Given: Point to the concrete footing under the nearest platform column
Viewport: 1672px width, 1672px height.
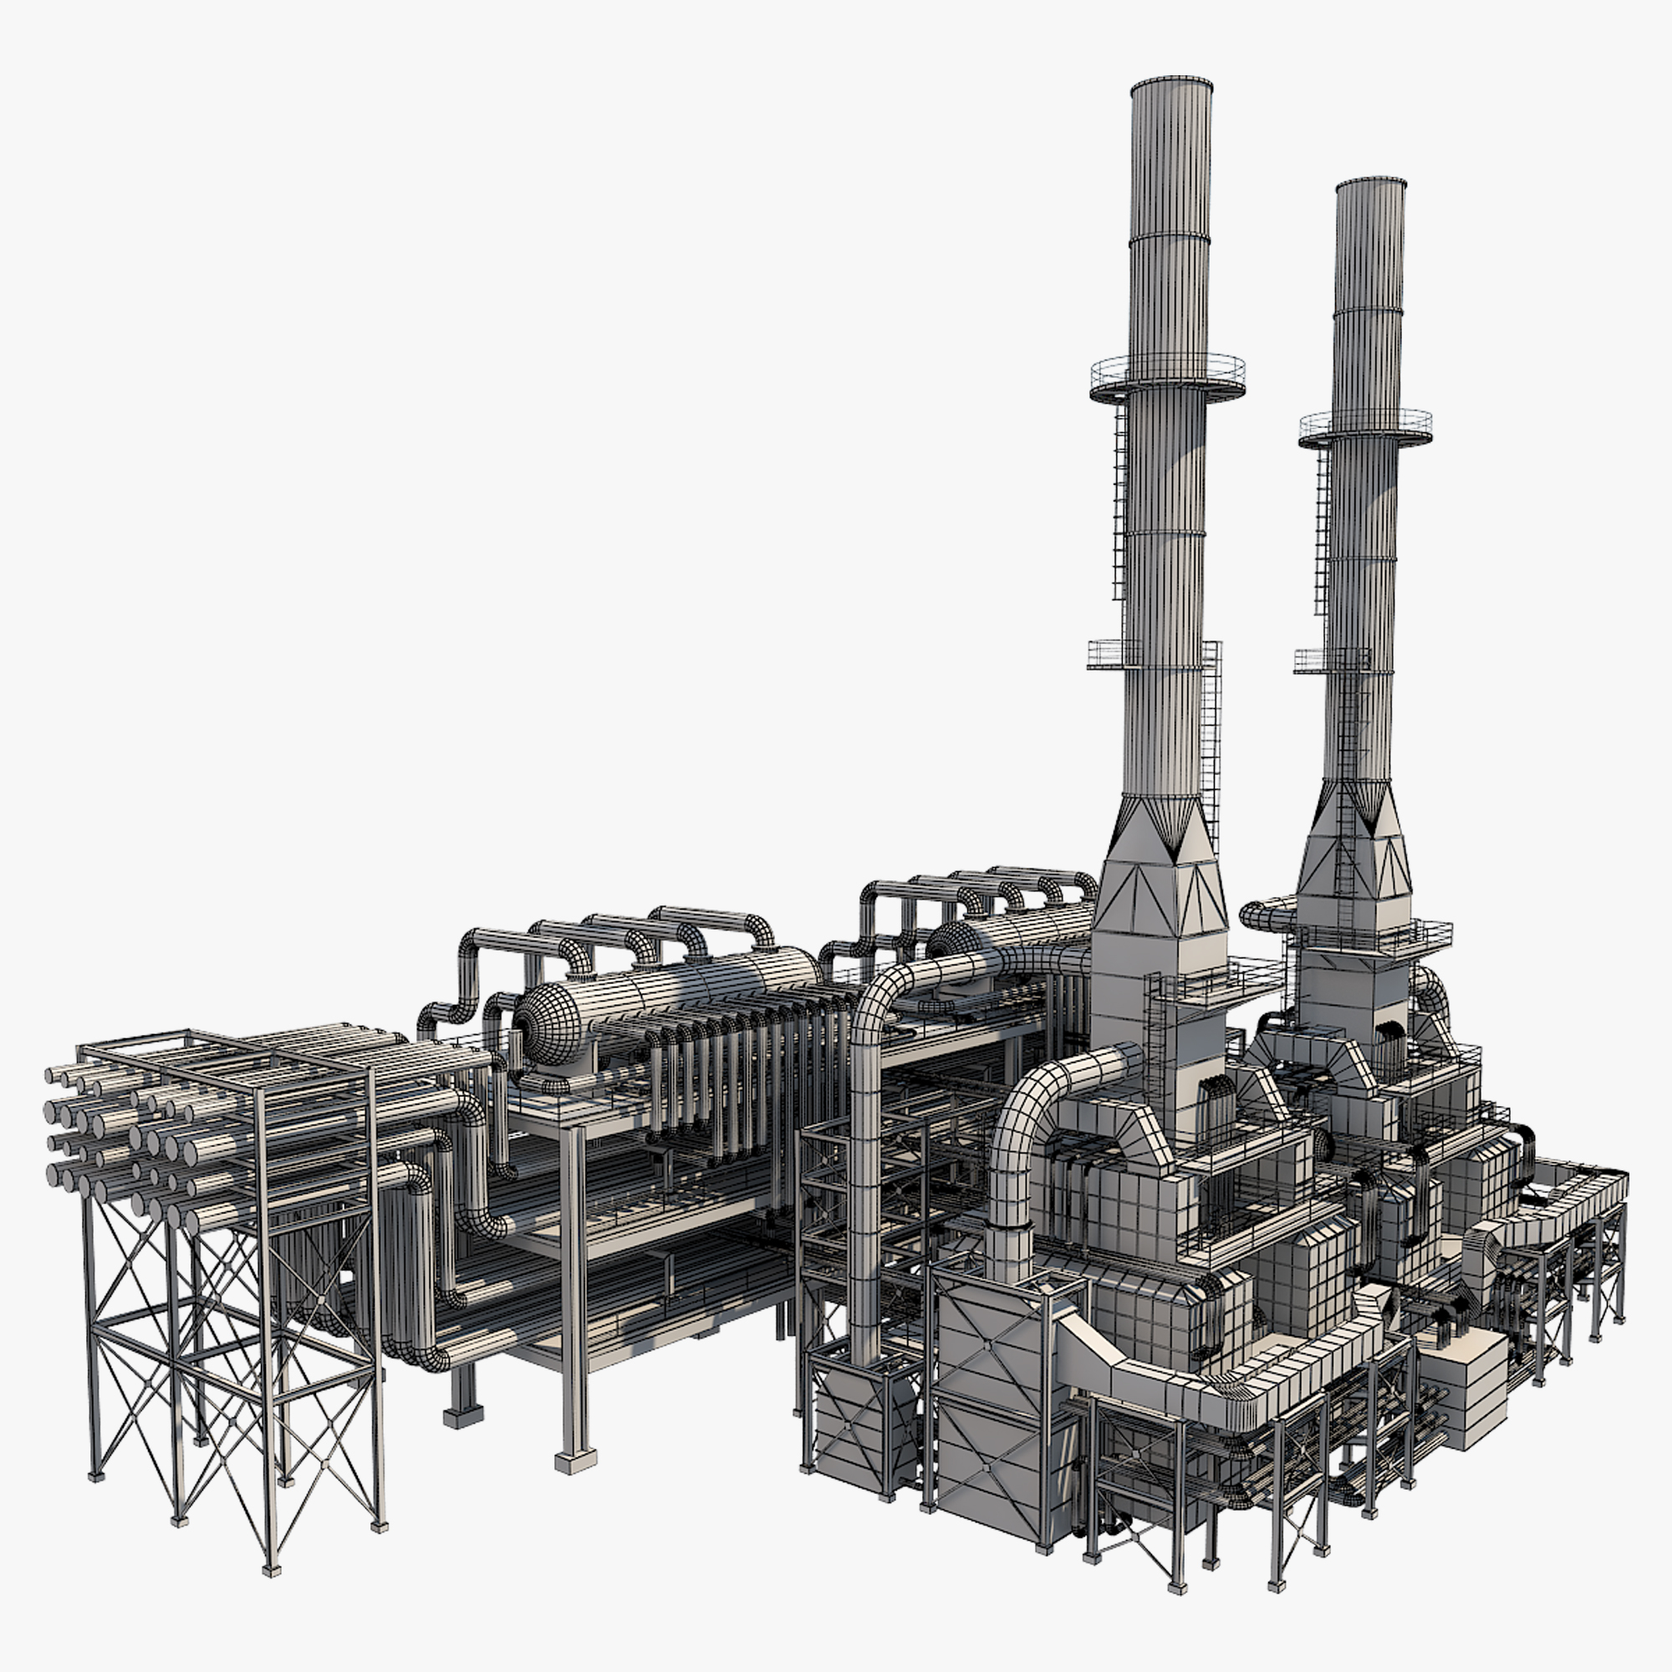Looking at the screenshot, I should point(574,1460).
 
